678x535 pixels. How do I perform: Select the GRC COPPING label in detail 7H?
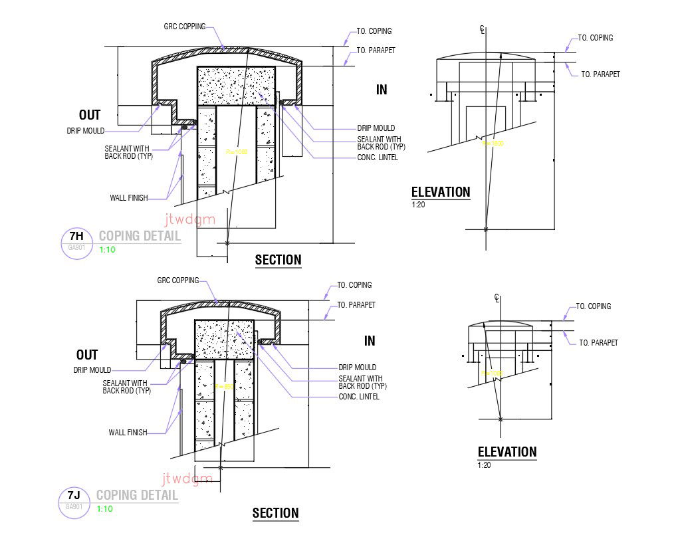(184, 27)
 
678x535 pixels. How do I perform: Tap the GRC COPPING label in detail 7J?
(177, 280)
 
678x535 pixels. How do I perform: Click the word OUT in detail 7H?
(89, 115)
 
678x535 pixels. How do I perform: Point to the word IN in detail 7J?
(370, 341)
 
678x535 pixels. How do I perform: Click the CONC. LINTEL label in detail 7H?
(378, 158)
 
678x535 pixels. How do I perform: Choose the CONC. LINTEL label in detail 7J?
(359, 397)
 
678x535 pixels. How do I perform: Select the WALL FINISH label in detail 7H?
(129, 198)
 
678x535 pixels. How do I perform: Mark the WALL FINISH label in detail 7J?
(128, 433)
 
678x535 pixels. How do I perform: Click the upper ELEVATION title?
(441, 193)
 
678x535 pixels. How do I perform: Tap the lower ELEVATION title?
(507, 452)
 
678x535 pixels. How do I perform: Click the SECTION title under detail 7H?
(278, 260)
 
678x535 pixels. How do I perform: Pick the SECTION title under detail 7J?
(275, 513)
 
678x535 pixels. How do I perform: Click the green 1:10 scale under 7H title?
(107, 250)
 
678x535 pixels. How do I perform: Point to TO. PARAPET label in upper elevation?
(600, 74)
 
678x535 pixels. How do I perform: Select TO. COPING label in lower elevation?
(593, 306)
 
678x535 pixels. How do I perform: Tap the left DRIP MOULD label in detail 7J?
(92, 370)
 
